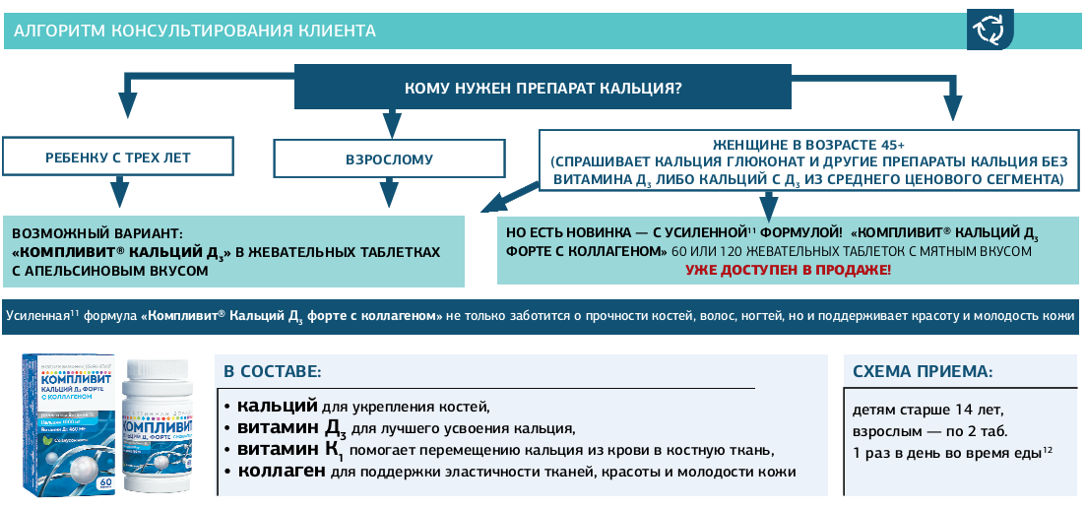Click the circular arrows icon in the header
pos(987,31)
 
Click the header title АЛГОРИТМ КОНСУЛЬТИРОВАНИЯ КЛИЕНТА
pos(195,31)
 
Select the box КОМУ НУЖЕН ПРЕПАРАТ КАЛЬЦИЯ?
pos(543,88)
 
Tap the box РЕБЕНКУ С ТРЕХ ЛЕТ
pos(118,158)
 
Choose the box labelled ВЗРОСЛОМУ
pos(389,159)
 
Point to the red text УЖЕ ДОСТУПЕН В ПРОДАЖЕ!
pos(789,269)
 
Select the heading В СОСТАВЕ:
pos(272,371)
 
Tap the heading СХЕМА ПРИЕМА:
pos(922,371)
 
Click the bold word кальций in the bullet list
pos(277,406)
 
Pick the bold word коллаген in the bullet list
pos(281,472)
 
